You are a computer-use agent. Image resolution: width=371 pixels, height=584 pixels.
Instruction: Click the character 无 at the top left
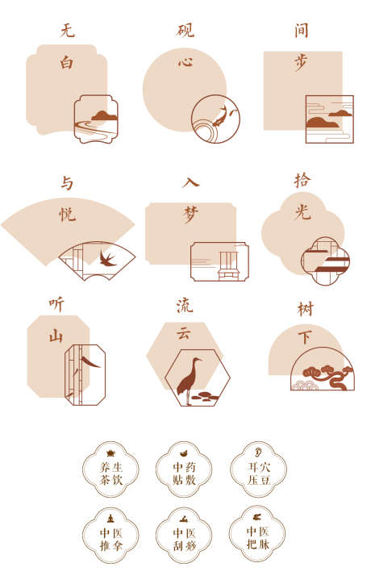[67, 31]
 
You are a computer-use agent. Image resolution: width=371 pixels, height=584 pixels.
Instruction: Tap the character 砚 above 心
[185, 31]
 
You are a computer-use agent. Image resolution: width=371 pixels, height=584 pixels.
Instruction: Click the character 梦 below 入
[190, 214]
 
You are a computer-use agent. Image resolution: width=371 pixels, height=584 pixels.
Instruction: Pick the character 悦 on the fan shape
[67, 215]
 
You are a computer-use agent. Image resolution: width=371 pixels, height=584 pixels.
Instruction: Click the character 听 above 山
[56, 304]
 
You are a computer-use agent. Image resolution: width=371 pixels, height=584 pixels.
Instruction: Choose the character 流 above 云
[185, 305]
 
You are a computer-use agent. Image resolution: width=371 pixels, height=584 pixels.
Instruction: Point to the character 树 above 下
[305, 309]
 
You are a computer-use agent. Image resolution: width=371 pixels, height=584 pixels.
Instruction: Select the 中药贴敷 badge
[183, 469]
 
